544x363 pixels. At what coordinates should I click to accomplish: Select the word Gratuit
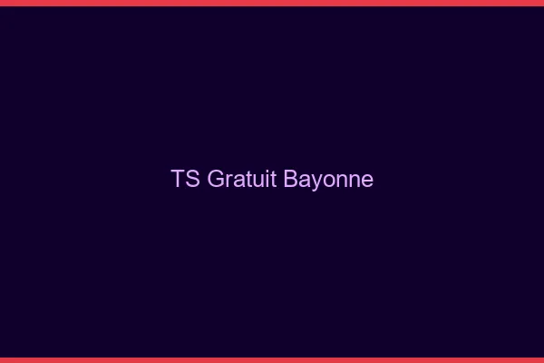(x=242, y=179)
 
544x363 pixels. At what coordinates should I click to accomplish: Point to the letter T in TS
(x=178, y=179)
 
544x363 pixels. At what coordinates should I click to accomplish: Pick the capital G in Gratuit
(x=216, y=179)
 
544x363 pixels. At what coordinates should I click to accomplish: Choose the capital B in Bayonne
(x=291, y=179)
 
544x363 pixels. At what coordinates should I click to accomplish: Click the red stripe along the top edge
(x=272, y=3)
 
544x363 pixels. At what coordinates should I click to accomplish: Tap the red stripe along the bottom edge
(x=272, y=359)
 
